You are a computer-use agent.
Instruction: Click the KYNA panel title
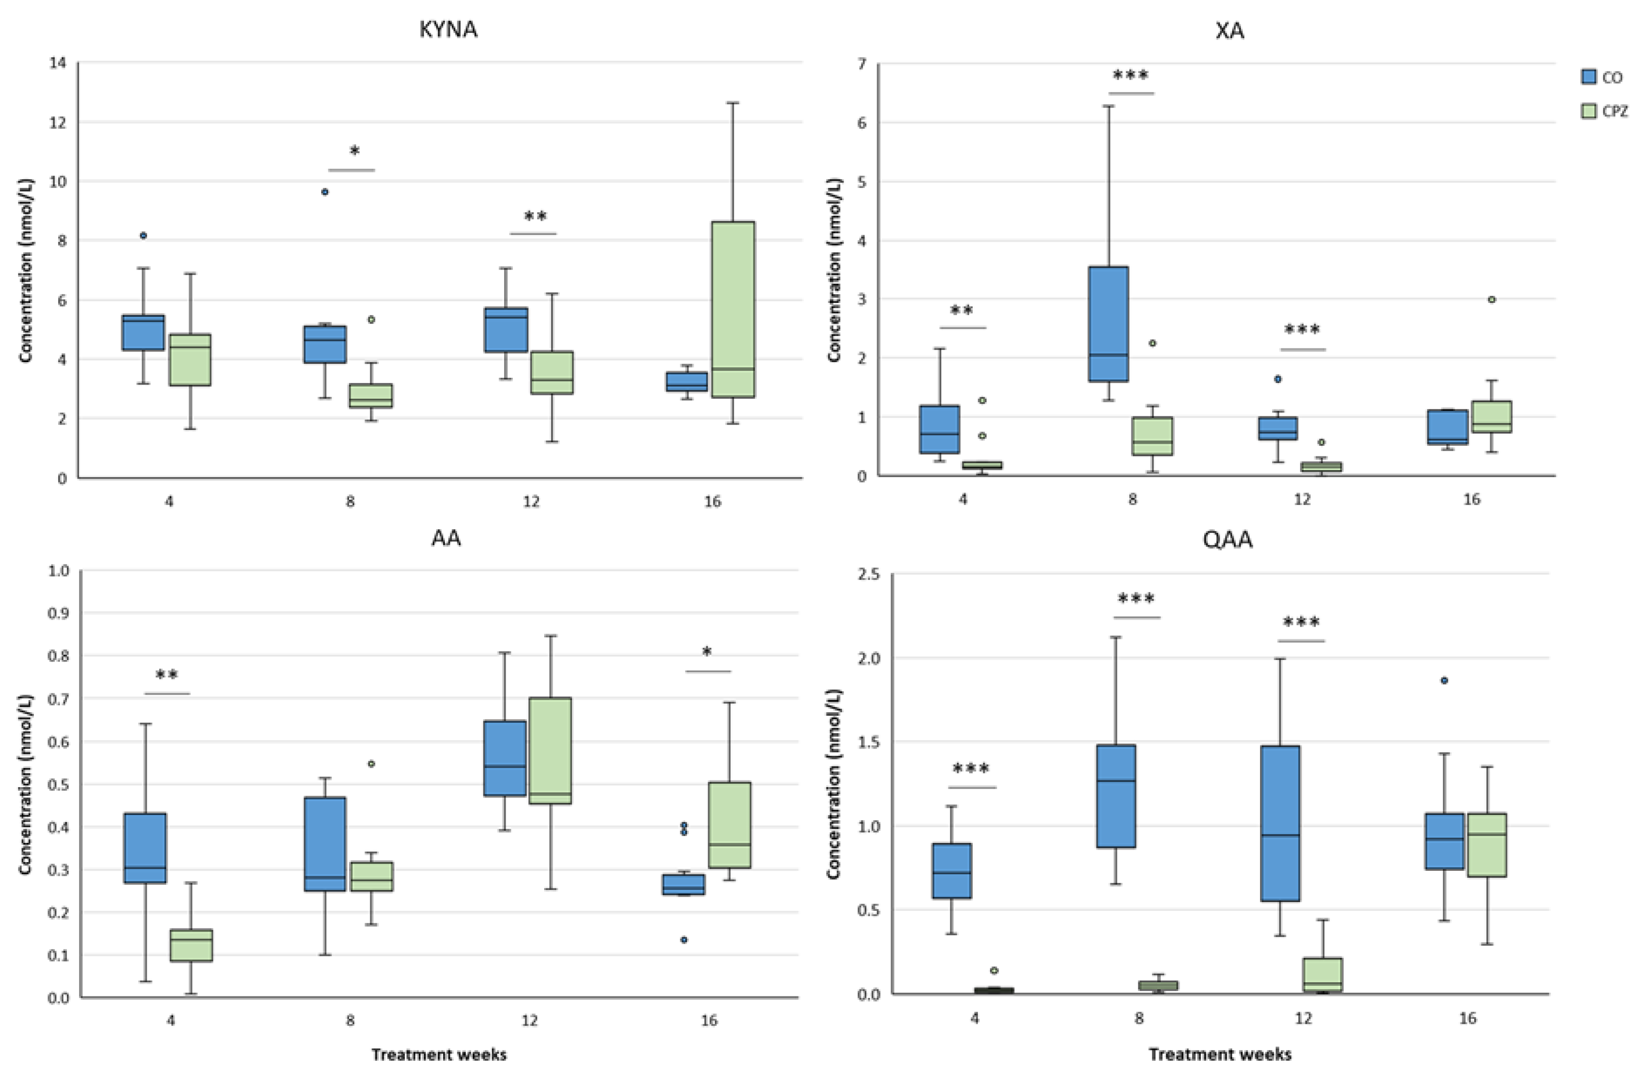coord(448,30)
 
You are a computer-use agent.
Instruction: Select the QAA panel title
coord(1228,539)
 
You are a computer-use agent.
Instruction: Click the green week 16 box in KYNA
coord(733,310)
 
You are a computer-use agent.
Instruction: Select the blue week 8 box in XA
coord(1108,323)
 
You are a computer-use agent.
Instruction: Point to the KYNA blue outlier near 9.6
coord(325,192)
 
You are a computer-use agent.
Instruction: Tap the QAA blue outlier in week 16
coord(1444,680)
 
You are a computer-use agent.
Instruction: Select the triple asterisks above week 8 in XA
coord(1131,75)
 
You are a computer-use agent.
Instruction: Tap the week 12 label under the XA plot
coord(1302,498)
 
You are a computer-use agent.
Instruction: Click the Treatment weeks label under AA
coord(439,1055)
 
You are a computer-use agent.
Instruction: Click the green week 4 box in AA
coord(192,945)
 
